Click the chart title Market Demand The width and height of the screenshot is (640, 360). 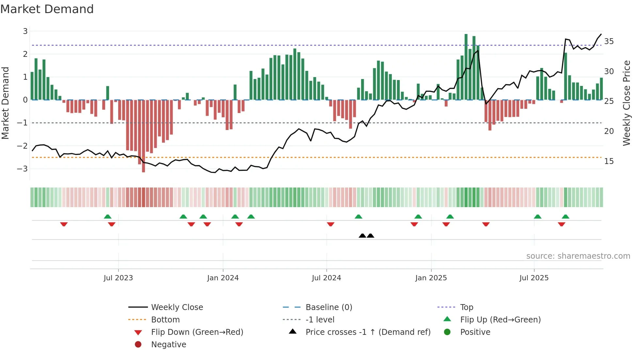[47, 9]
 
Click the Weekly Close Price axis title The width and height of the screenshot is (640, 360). [626, 103]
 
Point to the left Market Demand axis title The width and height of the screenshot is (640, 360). [5, 103]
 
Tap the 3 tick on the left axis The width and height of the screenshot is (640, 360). [25, 31]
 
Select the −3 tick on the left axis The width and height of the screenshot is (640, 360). [23, 169]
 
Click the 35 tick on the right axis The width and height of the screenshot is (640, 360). [609, 41]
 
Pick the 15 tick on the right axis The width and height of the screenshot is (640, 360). [609, 161]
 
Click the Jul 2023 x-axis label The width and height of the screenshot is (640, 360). [118, 278]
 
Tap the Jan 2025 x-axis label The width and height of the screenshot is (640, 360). [431, 278]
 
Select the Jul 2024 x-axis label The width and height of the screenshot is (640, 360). [326, 278]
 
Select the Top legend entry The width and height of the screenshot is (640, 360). [467, 307]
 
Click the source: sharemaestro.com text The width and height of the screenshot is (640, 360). [578, 256]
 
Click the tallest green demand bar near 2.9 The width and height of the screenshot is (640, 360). [466, 67]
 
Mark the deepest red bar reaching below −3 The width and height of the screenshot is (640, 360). [143, 136]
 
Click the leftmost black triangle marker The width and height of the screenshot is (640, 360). [362, 236]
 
